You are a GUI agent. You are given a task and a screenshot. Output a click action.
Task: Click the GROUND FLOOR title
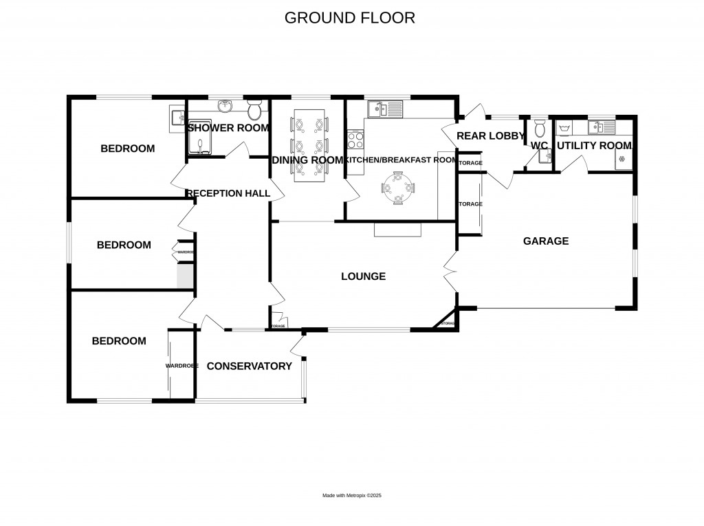click(350, 18)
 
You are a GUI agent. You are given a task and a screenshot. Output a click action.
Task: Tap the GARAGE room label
click(546, 241)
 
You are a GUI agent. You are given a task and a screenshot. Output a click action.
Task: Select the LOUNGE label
click(363, 276)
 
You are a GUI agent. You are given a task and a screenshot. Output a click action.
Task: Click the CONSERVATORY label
click(249, 366)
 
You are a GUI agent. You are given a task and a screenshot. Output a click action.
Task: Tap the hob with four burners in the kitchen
click(356, 140)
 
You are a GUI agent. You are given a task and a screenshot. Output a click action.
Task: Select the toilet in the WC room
click(540, 128)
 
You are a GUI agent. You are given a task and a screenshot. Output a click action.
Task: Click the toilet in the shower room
click(254, 109)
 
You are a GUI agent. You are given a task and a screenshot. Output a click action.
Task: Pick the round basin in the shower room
click(225, 107)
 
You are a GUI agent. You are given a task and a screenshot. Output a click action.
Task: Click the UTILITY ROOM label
click(594, 146)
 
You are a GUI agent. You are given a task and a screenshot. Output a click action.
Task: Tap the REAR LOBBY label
click(491, 136)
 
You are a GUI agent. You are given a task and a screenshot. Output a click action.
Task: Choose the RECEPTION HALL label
click(228, 193)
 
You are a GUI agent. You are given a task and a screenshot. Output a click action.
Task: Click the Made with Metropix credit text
click(351, 495)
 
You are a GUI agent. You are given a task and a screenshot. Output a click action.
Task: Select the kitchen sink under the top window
click(385, 108)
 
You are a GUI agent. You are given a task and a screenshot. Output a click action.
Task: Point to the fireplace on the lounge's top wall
click(397, 229)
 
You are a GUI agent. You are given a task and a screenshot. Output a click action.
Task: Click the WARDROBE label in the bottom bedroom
click(181, 366)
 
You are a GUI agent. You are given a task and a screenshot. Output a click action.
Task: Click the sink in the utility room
click(601, 127)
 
